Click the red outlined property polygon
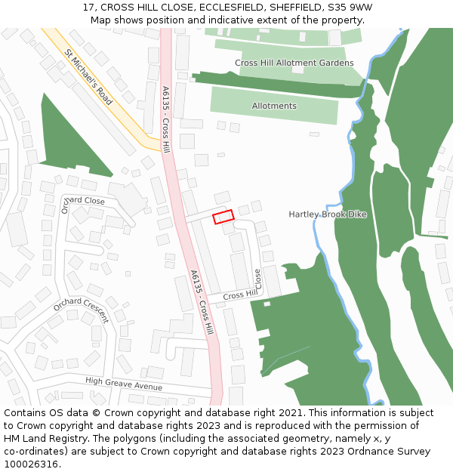click(223, 217)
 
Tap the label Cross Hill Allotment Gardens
click(294, 63)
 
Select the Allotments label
click(274, 106)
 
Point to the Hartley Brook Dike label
click(327, 214)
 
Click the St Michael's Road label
click(88, 77)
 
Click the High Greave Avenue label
click(124, 384)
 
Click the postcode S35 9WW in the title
click(350, 8)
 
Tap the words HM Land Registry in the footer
click(44, 439)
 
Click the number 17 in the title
click(88, 8)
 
